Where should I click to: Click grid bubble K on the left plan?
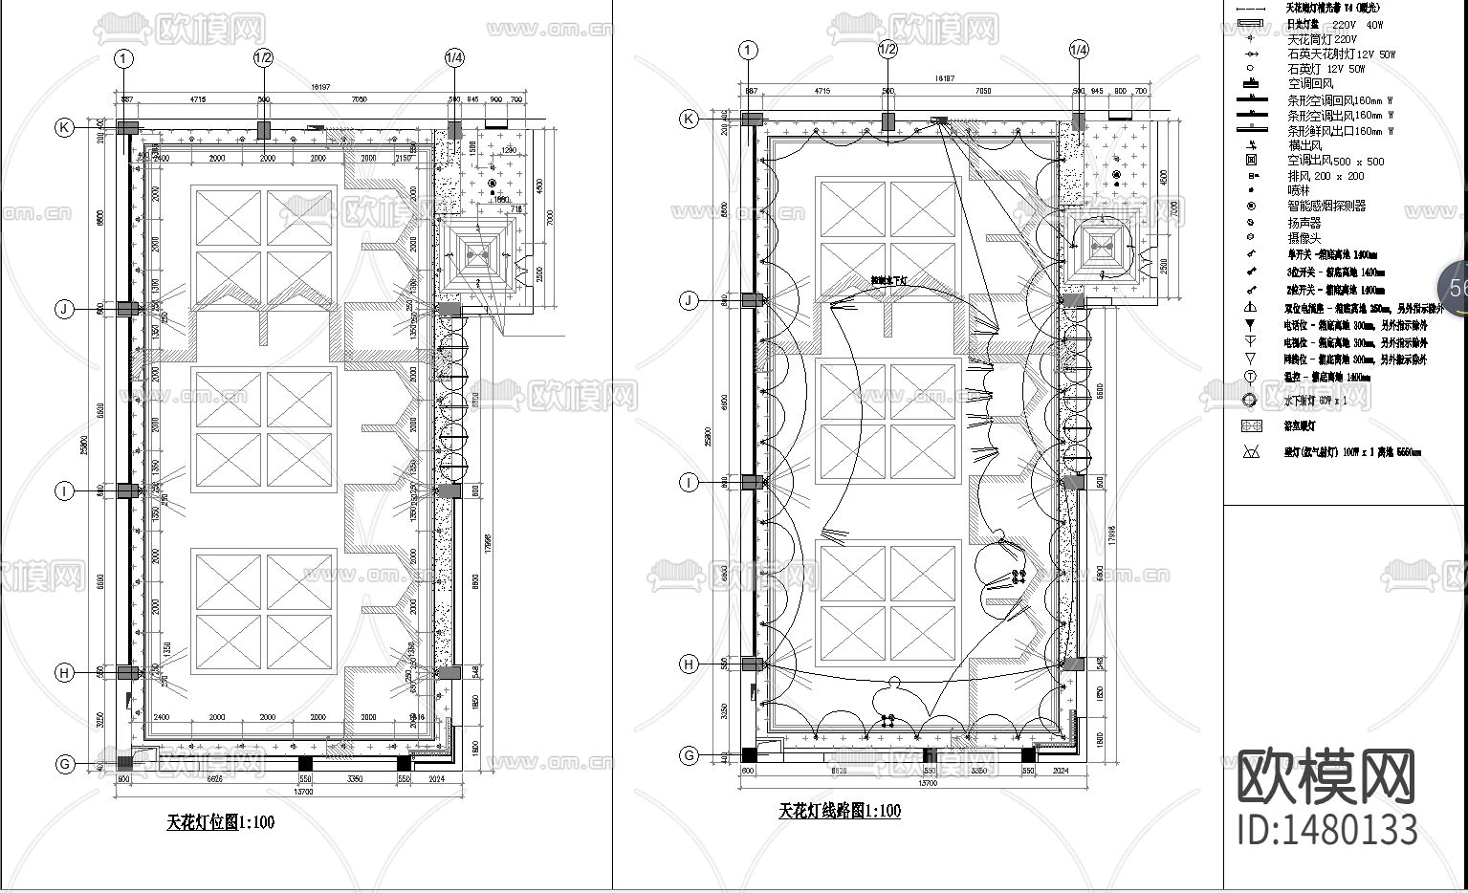click(64, 127)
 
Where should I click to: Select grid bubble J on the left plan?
click(64, 309)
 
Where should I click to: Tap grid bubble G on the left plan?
click(65, 764)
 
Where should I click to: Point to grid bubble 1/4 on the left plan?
click(454, 58)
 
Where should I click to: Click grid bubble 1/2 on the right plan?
click(887, 50)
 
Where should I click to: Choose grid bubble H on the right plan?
click(690, 664)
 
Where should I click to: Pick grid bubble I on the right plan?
click(690, 483)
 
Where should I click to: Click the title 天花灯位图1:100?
click(221, 821)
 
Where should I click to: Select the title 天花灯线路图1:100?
click(840, 811)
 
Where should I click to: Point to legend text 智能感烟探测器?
click(1326, 206)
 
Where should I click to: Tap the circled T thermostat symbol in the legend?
click(1250, 377)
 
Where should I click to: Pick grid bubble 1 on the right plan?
click(748, 50)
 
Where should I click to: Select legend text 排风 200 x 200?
click(1326, 177)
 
